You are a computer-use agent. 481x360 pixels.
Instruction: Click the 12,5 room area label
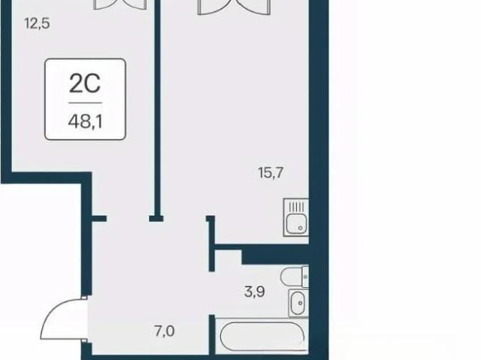point(37,23)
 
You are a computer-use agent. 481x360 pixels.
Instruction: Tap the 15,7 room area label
point(271,173)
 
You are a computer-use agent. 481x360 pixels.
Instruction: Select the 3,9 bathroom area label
point(255,292)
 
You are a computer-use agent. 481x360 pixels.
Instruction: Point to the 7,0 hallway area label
point(165,331)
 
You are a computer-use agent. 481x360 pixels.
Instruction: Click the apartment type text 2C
point(85,83)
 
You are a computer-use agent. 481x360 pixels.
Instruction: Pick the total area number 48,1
point(85,122)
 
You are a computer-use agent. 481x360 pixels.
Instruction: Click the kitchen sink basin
point(296,223)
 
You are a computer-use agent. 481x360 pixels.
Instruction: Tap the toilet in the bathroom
point(292,277)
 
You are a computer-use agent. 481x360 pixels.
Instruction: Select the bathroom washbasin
point(298,303)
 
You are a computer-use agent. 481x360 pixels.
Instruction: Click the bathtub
point(262,337)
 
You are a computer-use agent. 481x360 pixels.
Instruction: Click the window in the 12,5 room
point(119,5)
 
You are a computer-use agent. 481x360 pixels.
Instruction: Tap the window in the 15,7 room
point(234,7)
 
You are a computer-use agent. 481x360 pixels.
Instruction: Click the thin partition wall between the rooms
point(157,107)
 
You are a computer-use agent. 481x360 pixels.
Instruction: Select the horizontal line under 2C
point(85,103)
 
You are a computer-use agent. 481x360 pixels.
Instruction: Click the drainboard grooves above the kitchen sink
point(296,207)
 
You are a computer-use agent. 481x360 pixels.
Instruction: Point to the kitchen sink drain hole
point(301,228)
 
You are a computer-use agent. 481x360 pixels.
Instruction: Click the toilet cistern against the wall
point(306,277)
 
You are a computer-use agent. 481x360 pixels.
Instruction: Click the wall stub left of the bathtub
point(212,334)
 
